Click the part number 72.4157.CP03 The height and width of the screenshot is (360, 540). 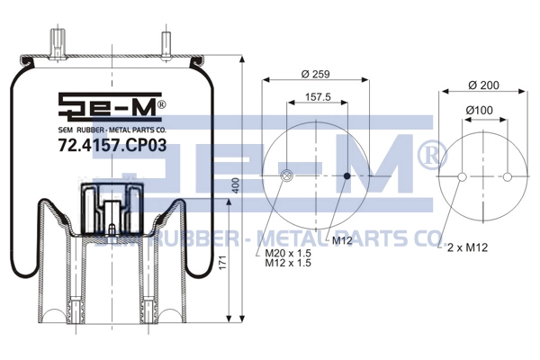[112, 146]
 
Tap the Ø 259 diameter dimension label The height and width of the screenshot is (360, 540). [316, 74]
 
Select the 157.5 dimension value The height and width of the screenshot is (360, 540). [318, 97]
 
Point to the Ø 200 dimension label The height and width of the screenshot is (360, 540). [484, 85]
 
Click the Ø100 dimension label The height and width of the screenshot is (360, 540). [480, 110]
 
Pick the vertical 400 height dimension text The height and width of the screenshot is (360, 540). [236, 185]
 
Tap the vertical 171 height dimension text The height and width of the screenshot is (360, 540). [223, 263]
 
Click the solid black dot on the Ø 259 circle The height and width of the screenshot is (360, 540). [347, 176]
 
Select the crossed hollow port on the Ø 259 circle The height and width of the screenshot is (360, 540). [286, 176]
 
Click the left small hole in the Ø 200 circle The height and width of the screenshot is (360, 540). [463, 177]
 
